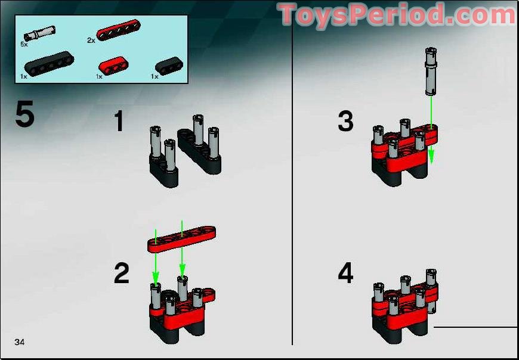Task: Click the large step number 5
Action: (24, 115)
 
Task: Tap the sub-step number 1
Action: (119, 122)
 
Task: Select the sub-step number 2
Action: (121, 274)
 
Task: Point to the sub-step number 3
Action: (345, 122)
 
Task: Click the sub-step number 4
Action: (345, 274)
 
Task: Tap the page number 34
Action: (20, 342)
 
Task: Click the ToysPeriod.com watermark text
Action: (397, 15)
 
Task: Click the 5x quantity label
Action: (24, 44)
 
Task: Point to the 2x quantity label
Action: (91, 41)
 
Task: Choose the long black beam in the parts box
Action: (47, 64)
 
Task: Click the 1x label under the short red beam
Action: (99, 76)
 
